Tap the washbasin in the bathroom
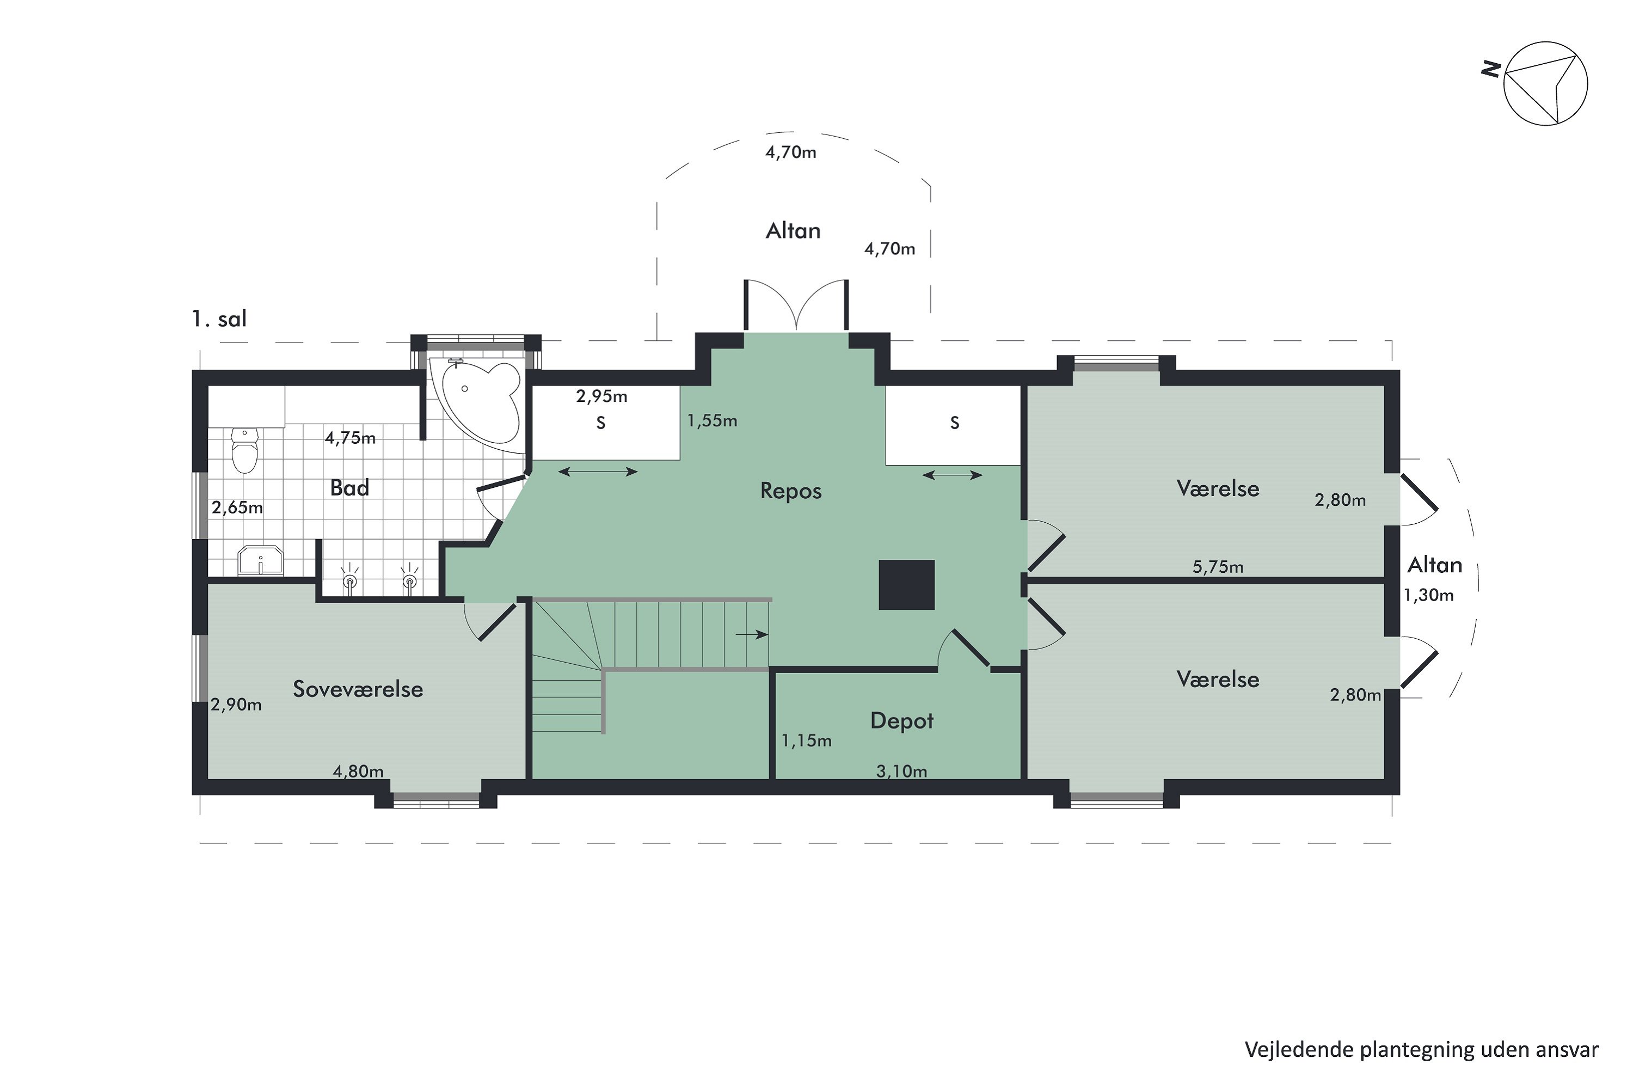pyautogui.click(x=260, y=560)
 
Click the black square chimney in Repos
pyautogui.click(x=907, y=585)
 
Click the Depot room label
pyautogui.click(x=902, y=721)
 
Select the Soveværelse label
pyautogui.click(x=358, y=689)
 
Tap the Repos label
pyautogui.click(x=791, y=491)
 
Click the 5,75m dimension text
pyautogui.click(x=1218, y=567)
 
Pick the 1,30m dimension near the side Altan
pyautogui.click(x=1428, y=595)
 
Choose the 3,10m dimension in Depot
pyautogui.click(x=901, y=771)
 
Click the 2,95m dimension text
pyautogui.click(x=601, y=396)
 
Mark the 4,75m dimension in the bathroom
pyautogui.click(x=350, y=438)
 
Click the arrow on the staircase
pyautogui.click(x=752, y=634)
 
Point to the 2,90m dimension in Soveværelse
pyautogui.click(x=236, y=705)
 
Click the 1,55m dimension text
pyautogui.click(x=713, y=420)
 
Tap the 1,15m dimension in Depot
pyautogui.click(x=806, y=741)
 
